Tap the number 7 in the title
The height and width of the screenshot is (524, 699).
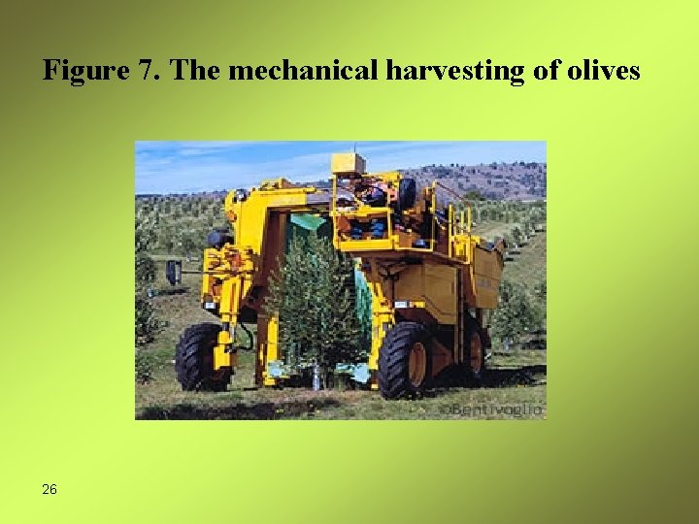[x=135, y=71]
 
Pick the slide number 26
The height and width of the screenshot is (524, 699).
[x=50, y=489]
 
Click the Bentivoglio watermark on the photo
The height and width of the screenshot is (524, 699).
[x=489, y=409]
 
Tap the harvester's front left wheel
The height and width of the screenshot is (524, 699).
[x=201, y=356]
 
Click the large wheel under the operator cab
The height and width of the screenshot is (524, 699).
[x=406, y=360]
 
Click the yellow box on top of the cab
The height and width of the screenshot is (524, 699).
[x=348, y=162]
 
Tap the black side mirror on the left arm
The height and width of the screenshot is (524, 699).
[x=173, y=272]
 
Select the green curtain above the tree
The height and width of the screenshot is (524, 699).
[x=310, y=222]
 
